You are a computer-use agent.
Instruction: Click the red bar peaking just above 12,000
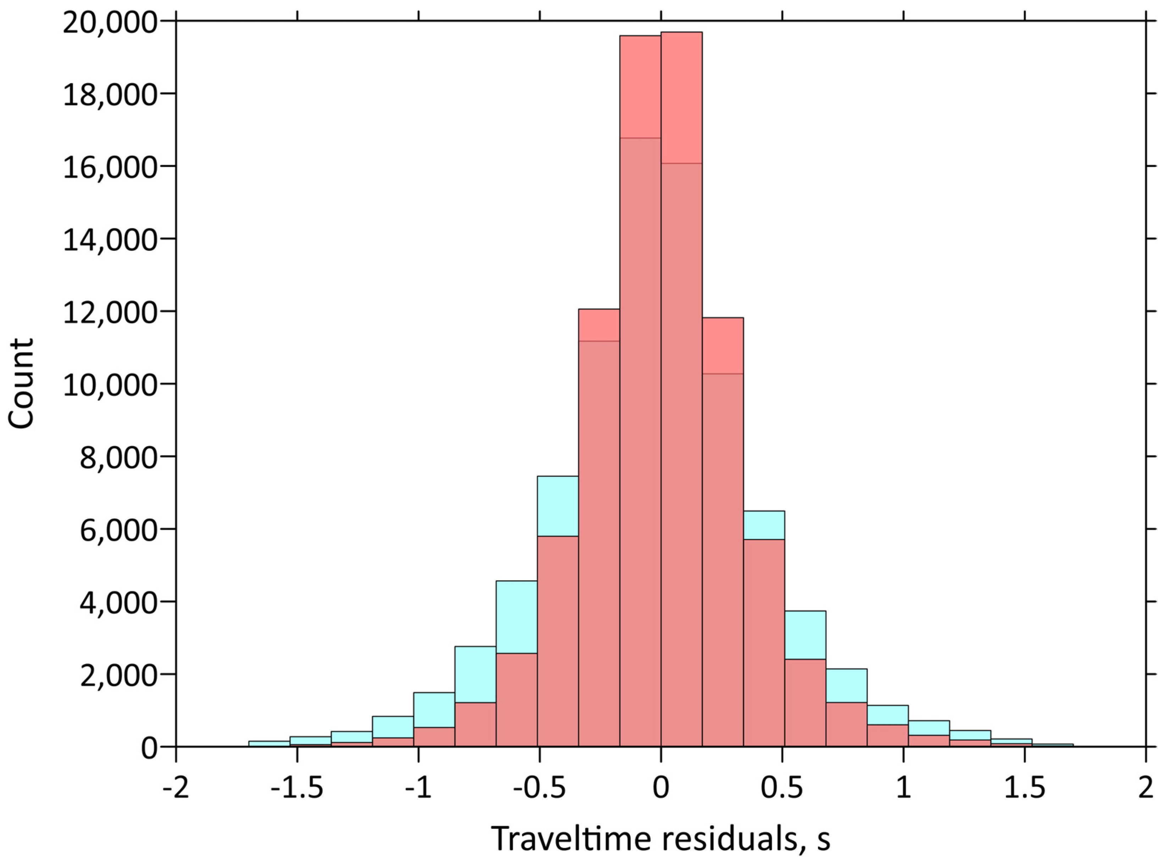598,325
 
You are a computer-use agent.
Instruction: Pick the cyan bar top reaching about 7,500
558,506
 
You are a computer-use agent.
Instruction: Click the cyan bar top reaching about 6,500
763,525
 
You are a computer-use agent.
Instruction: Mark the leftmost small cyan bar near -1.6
269,743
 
